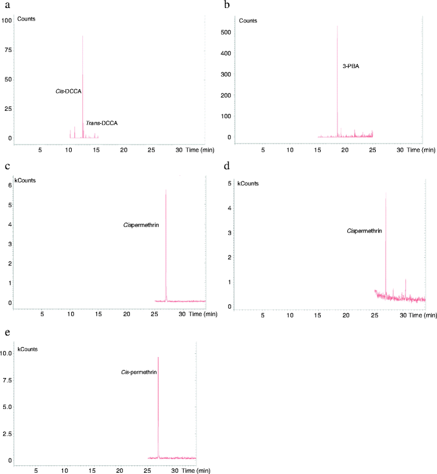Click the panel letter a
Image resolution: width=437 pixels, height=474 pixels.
pyautogui.click(x=6, y=6)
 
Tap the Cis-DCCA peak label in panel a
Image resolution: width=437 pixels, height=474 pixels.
pyautogui.click(x=69, y=91)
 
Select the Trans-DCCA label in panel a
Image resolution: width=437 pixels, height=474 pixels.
pyautogui.click(x=101, y=124)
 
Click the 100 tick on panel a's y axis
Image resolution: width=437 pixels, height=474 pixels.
pyautogui.click(x=7, y=20)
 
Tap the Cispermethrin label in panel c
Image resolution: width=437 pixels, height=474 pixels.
pyautogui.click(x=142, y=226)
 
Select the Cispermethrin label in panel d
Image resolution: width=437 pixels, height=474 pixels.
pyautogui.click(x=364, y=231)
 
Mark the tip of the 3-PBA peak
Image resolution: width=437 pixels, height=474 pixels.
pyautogui.click(x=337, y=26)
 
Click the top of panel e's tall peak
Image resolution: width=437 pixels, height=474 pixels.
pyautogui.click(x=158, y=357)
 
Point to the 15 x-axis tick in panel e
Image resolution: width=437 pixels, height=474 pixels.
pyautogui.click(x=92, y=471)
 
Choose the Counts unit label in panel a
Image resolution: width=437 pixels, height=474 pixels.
pyautogui.click(x=26, y=19)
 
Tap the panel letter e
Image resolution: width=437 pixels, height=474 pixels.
pyautogui.click(x=6, y=332)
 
